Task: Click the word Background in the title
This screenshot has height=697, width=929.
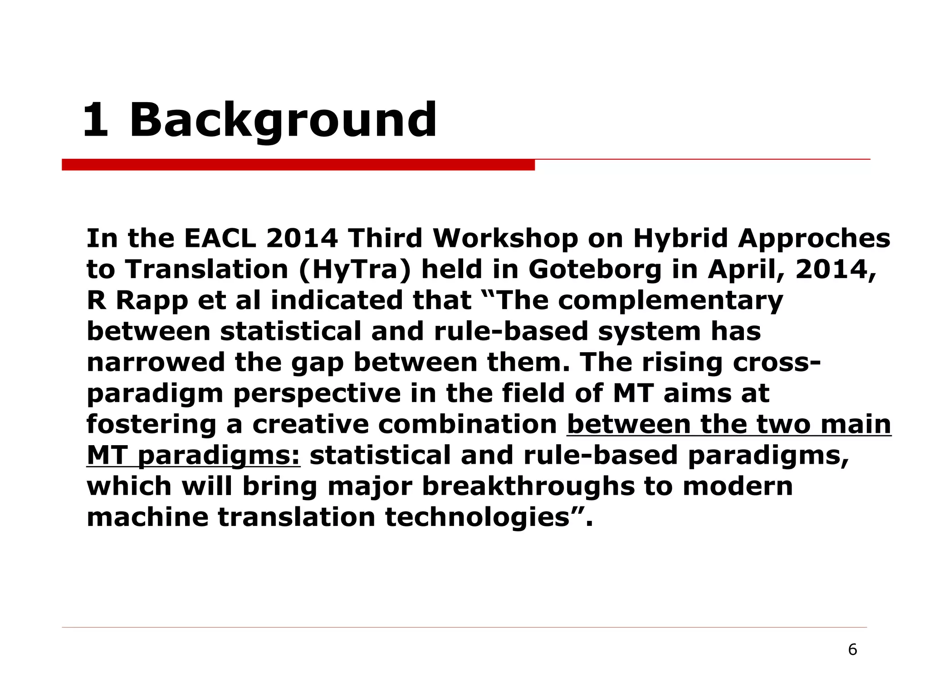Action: [x=283, y=121]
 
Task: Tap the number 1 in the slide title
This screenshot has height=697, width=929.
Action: [x=96, y=121]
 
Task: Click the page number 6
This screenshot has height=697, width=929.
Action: [x=852, y=650]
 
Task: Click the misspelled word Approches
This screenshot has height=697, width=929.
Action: [x=814, y=238]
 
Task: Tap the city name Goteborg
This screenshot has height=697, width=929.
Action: [x=595, y=270]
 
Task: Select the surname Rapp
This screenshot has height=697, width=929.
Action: [x=152, y=301]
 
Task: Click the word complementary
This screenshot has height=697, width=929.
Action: [x=670, y=301]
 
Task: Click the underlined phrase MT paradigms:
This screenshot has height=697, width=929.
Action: [x=193, y=455]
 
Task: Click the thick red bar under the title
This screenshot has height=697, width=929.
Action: [x=298, y=165]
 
